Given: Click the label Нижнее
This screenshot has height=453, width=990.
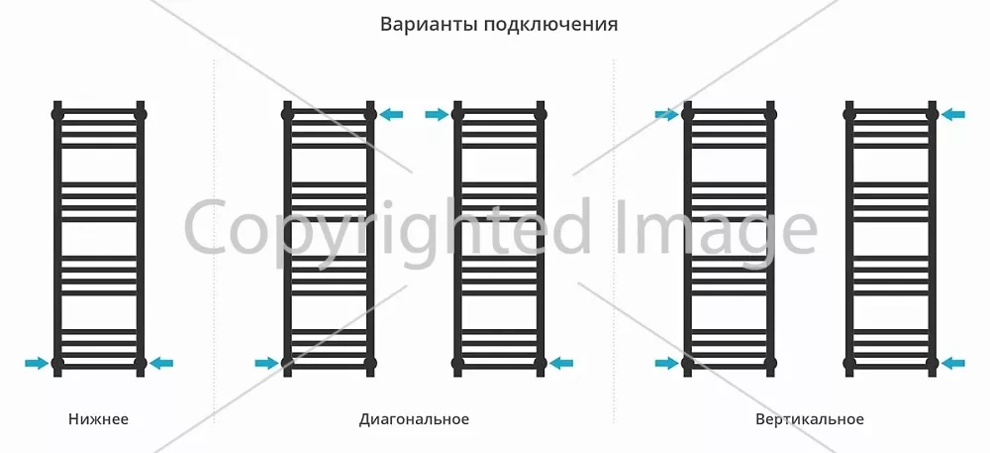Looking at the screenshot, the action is (98, 419).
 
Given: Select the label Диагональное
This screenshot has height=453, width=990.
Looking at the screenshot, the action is (414, 419).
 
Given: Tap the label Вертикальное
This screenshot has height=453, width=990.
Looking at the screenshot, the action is (810, 419).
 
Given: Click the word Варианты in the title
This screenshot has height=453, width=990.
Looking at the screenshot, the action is (429, 25).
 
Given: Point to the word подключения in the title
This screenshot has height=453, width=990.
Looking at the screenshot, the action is (551, 25).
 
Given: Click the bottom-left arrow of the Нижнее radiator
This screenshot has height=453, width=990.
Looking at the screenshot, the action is (37, 363).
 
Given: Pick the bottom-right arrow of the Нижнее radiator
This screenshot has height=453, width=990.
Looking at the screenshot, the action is (161, 363).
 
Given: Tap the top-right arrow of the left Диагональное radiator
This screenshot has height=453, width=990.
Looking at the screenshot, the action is (391, 114).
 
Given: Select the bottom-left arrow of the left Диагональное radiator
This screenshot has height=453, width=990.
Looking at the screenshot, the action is (266, 363).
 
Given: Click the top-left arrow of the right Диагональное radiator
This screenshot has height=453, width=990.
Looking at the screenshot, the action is (437, 114).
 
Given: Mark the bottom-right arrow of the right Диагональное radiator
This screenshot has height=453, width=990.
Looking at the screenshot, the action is (561, 363).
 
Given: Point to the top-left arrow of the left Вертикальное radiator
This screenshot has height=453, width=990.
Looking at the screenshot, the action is (666, 114).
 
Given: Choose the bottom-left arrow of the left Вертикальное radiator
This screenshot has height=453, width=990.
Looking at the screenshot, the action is (666, 363).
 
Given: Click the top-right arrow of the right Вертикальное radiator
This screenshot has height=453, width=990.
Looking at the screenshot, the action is (952, 114).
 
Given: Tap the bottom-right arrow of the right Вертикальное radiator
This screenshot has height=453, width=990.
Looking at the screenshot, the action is (952, 363).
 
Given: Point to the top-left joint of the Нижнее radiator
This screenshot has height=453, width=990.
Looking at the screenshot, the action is (57, 115).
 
